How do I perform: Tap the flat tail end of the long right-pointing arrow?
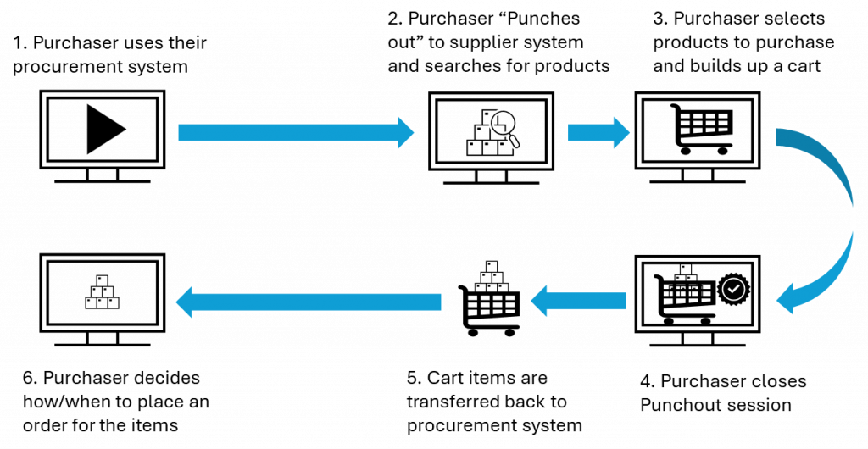180,132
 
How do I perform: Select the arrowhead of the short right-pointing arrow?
621,132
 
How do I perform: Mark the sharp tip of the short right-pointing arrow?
632,132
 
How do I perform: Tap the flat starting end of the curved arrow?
776,137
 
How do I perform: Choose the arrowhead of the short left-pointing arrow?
539,301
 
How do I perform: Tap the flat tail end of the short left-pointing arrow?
626,301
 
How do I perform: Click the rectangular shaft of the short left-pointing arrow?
588,301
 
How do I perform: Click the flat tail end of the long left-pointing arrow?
441,302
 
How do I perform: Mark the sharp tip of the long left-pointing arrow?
174,302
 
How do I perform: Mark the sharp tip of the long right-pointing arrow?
416,132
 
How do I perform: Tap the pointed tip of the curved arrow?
775,301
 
